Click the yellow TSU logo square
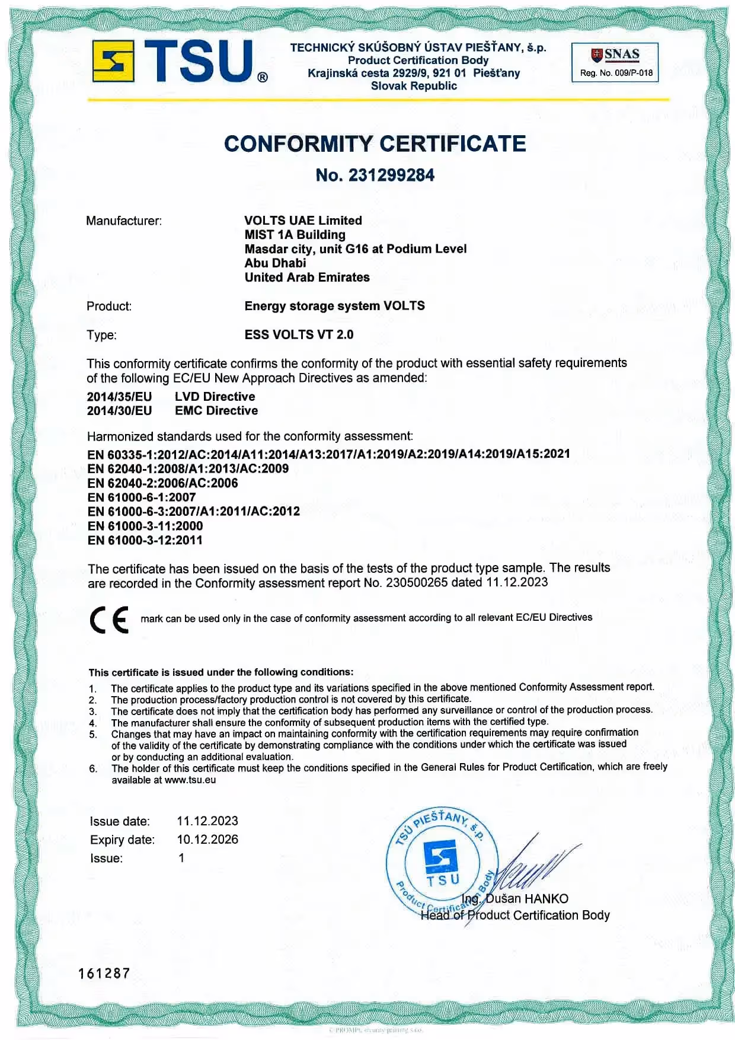click(x=113, y=61)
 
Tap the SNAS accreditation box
click(x=615, y=62)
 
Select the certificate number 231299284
click(x=391, y=176)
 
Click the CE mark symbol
click(x=109, y=620)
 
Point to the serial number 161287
click(x=104, y=974)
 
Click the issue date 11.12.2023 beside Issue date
click(x=207, y=821)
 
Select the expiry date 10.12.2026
click(x=207, y=840)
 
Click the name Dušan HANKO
click(x=526, y=899)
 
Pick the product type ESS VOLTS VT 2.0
click(x=299, y=335)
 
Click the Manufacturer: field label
click(x=124, y=221)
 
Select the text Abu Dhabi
click(x=276, y=263)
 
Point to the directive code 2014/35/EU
click(x=119, y=397)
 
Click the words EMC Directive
click(x=216, y=411)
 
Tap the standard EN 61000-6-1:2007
click(x=141, y=497)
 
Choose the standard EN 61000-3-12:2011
click(x=145, y=540)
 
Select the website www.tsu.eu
click(x=190, y=780)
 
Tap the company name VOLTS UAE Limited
click(x=303, y=221)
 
